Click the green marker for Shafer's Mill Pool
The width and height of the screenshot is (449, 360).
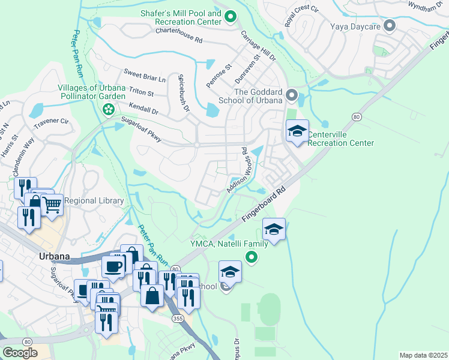tap(231, 17)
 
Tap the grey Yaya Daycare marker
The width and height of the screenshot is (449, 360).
tap(390, 26)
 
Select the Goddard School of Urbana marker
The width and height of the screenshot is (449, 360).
tap(292, 95)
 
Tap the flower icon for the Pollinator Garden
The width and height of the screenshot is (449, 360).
tap(108, 109)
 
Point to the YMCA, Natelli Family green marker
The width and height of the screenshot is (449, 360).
tap(251, 257)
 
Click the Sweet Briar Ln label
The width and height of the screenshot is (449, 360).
tap(144, 78)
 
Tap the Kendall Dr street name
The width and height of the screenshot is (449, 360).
tap(143, 111)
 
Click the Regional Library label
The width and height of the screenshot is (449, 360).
tap(94, 200)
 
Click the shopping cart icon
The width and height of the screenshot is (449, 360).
tap(52, 205)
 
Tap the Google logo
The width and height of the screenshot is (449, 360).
tap(20, 353)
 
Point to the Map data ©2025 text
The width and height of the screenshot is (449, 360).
tap(423, 355)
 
